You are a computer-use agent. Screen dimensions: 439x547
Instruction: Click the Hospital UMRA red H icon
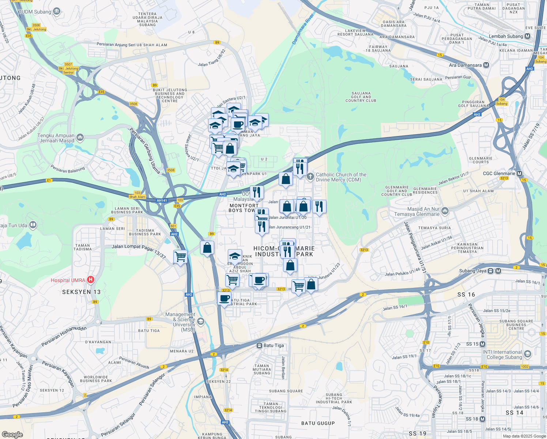(x=90, y=280)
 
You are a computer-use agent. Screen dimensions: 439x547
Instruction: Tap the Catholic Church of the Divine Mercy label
(x=341, y=177)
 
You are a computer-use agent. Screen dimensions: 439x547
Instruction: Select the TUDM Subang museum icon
(x=57, y=11)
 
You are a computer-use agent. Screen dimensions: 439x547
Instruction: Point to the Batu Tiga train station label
(x=273, y=345)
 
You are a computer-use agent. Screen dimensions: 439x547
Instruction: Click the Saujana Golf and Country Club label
(x=361, y=97)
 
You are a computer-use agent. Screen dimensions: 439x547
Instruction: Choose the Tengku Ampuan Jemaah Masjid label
(x=56, y=138)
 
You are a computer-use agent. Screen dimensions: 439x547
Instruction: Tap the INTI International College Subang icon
(x=527, y=354)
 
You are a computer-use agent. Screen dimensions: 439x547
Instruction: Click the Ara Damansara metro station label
(x=465, y=65)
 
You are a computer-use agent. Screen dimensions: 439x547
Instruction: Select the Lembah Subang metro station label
(x=506, y=36)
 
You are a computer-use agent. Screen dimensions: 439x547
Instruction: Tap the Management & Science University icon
(x=200, y=322)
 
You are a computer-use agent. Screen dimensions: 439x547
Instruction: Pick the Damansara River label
(x=303, y=29)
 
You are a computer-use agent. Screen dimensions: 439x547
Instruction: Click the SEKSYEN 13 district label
(x=81, y=292)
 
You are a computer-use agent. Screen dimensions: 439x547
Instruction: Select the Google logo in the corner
(x=12, y=434)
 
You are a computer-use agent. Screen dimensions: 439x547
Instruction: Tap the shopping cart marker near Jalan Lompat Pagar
(x=180, y=256)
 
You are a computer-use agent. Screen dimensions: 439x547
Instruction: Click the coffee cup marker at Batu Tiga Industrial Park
(x=224, y=298)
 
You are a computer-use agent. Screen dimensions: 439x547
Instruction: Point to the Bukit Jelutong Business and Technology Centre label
(x=170, y=95)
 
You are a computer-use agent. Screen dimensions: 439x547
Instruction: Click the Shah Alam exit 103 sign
(x=137, y=195)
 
